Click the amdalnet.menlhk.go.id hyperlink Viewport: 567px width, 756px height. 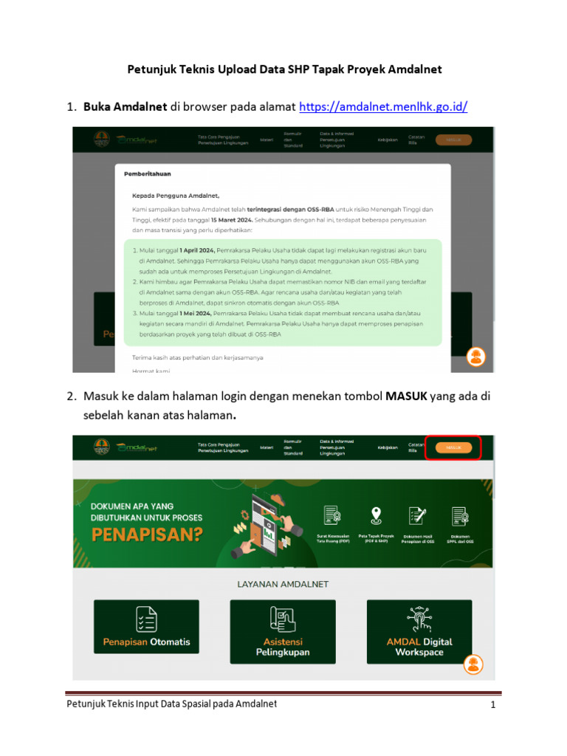click(383, 107)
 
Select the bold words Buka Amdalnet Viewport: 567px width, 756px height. click(125, 107)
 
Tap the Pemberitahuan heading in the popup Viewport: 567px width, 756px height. click(148, 174)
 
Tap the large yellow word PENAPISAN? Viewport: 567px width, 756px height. click(147, 535)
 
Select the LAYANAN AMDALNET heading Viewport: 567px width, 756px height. click(283, 584)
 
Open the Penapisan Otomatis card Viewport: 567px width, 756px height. click(146, 626)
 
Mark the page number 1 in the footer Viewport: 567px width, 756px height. click(492, 705)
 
